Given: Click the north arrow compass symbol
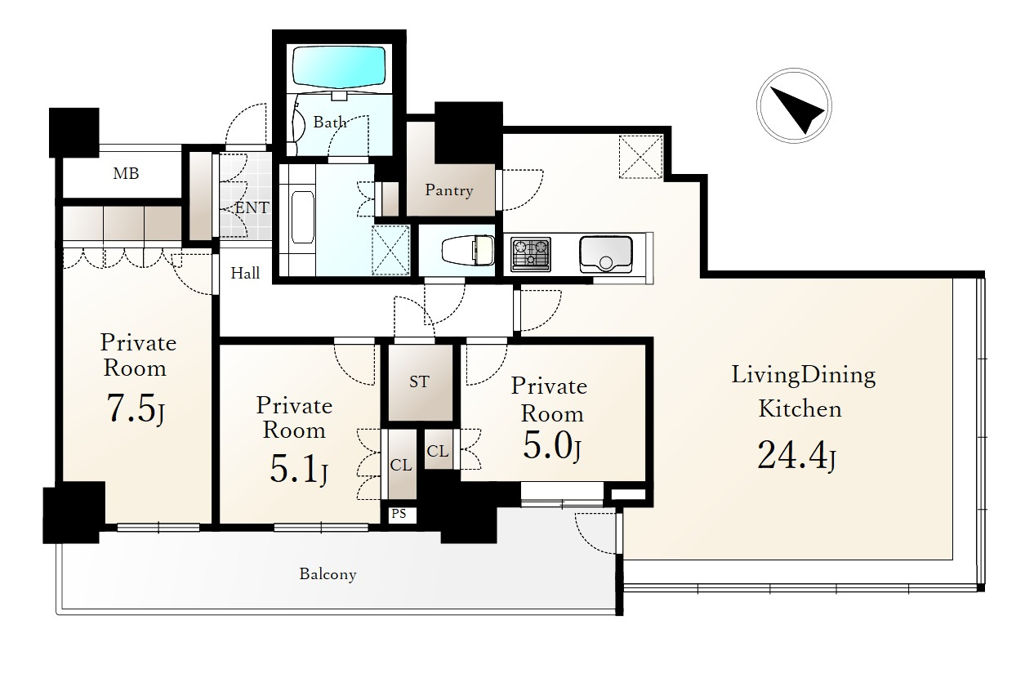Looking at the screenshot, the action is tap(794, 105).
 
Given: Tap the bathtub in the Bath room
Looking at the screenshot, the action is tap(339, 67).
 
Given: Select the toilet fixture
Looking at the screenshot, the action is tap(467, 252).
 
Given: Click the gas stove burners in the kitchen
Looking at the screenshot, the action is tap(531, 254).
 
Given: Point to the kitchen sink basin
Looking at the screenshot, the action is tap(606, 254).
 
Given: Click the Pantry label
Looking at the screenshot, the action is tap(449, 190).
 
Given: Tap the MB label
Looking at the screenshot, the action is tap(126, 173).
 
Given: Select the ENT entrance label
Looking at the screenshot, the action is tap(252, 207).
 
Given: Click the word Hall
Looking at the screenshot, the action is tap(245, 273).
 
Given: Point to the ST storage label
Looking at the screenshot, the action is tap(419, 381).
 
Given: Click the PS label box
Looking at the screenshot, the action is tap(399, 514).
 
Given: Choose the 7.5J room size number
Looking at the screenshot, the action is tap(136, 409).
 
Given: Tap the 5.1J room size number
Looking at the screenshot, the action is tap(299, 469).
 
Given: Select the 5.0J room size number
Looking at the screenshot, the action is tap(551, 445).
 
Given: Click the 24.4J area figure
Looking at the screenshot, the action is tap(796, 456).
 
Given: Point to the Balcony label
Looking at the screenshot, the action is tap(328, 574).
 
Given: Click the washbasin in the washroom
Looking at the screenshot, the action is tap(303, 217).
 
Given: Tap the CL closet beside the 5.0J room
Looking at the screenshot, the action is tap(438, 450).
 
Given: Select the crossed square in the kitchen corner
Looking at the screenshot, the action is tap(641, 157).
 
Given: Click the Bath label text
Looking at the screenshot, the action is tap(330, 123).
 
